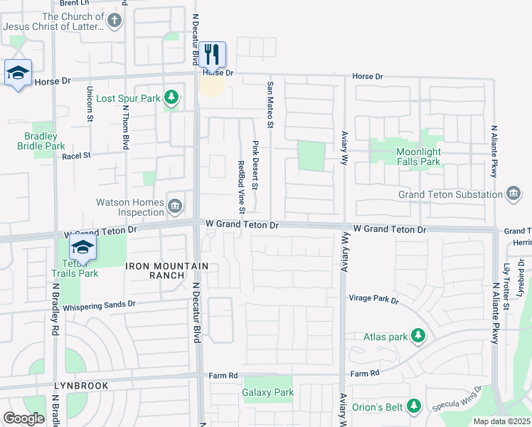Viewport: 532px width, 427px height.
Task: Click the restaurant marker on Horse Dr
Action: tap(212, 54)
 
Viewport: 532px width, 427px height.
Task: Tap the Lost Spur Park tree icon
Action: tap(171, 97)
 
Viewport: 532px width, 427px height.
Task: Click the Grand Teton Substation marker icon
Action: tap(514, 194)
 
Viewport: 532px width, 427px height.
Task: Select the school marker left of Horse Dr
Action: tap(17, 73)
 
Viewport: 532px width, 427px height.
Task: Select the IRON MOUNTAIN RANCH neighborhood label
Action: tap(167, 270)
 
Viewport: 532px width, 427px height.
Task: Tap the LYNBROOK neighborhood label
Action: tap(80, 386)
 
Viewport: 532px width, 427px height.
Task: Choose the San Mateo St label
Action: tap(270, 105)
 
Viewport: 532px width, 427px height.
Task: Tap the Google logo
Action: tap(23, 418)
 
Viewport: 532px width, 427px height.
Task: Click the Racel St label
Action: tap(76, 155)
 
